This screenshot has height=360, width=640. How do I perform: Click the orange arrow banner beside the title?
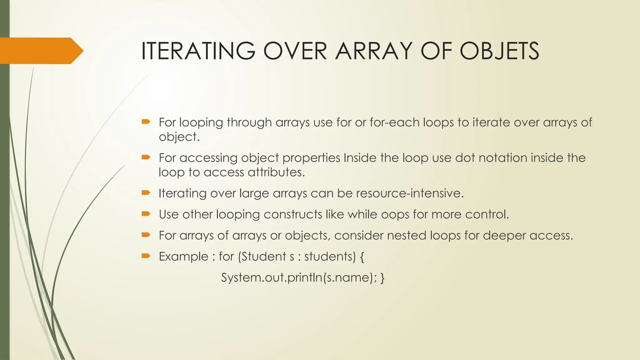pyautogui.click(x=41, y=51)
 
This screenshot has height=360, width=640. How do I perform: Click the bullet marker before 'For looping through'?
pyautogui.click(x=146, y=122)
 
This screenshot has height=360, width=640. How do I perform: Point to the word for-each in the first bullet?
pyautogui.click(x=395, y=122)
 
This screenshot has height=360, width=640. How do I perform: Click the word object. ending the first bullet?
pyautogui.click(x=179, y=137)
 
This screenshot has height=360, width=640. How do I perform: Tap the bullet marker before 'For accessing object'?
pyautogui.click(x=146, y=157)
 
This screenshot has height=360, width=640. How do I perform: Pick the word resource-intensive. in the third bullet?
pyautogui.click(x=410, y=193)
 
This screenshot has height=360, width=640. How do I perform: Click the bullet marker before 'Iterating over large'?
pyautogui.click(x=146, y=192)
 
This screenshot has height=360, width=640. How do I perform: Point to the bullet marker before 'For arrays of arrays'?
pyautogui.click(x=146, y=235)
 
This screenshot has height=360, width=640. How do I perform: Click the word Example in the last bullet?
pyautogui.click(x=183, y=257)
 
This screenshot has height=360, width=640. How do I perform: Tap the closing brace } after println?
pyautogui.click(x=382, y=278)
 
